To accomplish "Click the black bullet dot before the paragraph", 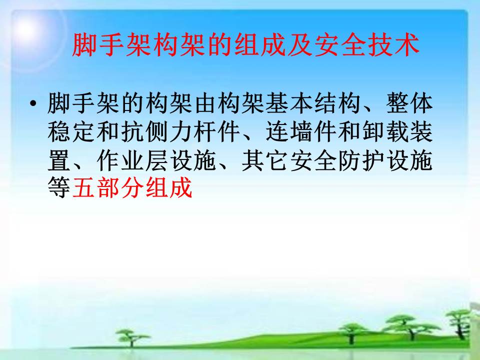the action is tap(33, 103).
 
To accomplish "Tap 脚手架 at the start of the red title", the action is tap(112, 45).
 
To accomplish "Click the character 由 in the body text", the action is tap(205, 103).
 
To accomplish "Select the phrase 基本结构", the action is tap(314, 103).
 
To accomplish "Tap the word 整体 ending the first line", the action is tap(409, 103).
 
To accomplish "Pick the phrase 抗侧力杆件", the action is tap(180, 131).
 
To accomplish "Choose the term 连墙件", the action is tap(302, 131).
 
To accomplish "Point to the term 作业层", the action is tap(132, 160).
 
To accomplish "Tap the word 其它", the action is tap(265, 160).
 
